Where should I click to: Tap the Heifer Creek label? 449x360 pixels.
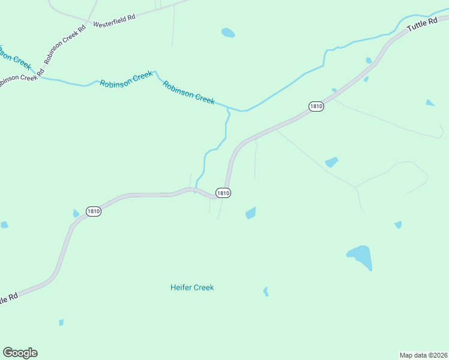(192, 287)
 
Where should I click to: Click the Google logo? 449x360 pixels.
(20, 353)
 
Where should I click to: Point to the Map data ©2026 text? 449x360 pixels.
(423, 355)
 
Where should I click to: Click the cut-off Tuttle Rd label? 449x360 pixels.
(11, 298)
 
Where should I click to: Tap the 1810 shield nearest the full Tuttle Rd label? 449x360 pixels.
(316, 106)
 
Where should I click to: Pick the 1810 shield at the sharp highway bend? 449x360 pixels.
(223, 193)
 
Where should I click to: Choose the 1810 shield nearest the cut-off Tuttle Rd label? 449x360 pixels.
(93, 211)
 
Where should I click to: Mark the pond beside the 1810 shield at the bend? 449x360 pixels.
(251, 212)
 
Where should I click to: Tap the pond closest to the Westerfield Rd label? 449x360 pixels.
(228, 32)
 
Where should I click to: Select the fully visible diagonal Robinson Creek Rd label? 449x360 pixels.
(65, 45)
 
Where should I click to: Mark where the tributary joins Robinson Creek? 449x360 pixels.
(228, 109)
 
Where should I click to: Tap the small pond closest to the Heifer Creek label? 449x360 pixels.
(265, 291)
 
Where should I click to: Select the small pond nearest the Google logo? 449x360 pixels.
(61, 322)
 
